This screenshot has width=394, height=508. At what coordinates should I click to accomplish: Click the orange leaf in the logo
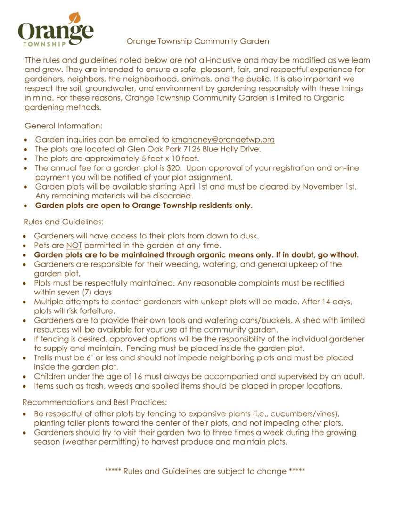74,18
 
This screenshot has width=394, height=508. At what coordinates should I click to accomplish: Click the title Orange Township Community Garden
197,41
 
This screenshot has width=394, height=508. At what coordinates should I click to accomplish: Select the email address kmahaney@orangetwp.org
223,140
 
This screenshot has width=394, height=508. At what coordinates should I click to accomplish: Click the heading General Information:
63,126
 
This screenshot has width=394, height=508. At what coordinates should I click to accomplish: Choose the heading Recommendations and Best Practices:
95,402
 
